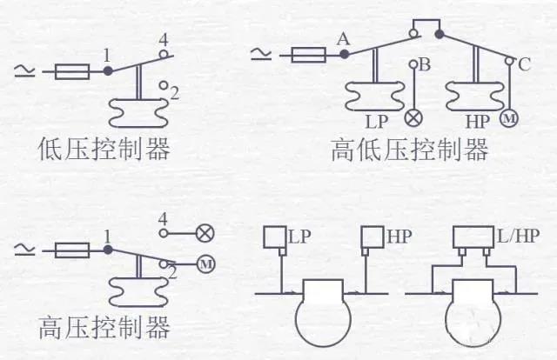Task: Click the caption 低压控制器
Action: coord(104,149)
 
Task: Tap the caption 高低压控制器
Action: coord(409,150)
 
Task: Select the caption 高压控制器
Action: coord(104,327)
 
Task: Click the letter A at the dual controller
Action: coord(343,39)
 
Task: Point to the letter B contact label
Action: coord(426,65)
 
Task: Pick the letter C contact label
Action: coord(524,64)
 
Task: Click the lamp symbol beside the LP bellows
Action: coord(414,117)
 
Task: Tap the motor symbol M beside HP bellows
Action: coord(509,118)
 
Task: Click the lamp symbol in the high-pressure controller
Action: coord(205,233)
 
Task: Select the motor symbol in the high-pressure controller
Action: coord(206,264)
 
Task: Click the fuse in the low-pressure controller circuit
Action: coord(72,71)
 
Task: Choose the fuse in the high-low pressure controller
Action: coord(309,55)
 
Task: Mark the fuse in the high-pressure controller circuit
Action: coord(72,250)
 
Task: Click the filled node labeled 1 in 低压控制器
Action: coord(108,70)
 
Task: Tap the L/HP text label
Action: coord(518,236)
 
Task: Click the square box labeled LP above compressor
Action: coord(275,237)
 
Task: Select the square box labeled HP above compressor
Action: coord(372,237)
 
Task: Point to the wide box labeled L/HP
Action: coord(473,237)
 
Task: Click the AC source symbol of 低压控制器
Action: coord(24,71)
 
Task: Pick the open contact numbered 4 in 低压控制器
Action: coord(164,54)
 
